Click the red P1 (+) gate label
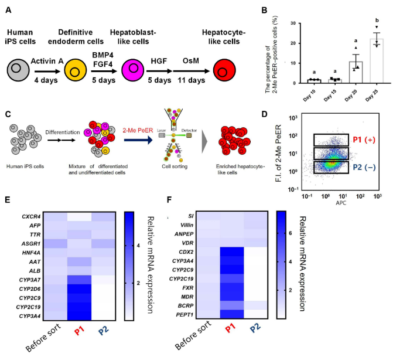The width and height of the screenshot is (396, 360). coord(367,141)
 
